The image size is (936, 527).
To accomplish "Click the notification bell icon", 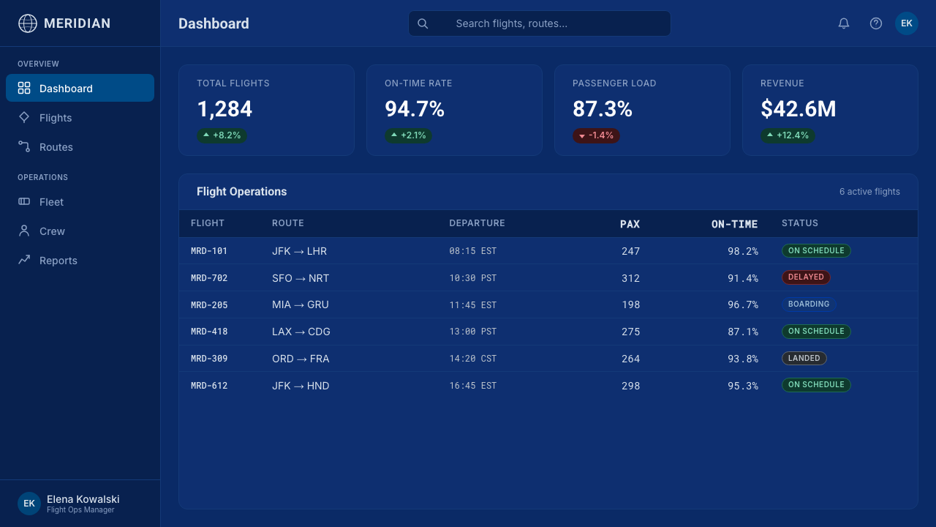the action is pyautogui.click(x=844, y=23).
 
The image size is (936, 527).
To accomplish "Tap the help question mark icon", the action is pyautogui.click(x=876, y=23).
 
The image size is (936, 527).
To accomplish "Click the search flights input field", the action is pyautogui.click(x=539, y=23).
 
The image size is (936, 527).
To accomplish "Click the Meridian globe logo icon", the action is pyautogui.click(x=28, y=23).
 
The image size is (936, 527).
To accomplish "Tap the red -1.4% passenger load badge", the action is pyautogui.click(x=596, y=135).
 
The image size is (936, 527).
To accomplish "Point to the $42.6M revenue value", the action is pyautogui.click(x=798, y=109).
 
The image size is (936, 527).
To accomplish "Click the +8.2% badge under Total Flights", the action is pyautogui.click(x=222, y=135).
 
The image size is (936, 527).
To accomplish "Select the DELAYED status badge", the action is pyautogui.click(x=806, y=277).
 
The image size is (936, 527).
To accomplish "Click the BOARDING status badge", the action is pyautogui.click(x=809, y=304).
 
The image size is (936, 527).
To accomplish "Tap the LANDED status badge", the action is pyautogui.click(x=804, y=358).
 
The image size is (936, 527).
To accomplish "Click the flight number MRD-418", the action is pyautogui.click(x=209, y=332).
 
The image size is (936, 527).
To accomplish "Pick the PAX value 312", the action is pyautogui.click(x=630, y=278).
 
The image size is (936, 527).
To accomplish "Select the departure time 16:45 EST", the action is pyautogui.click(x=472, y=386).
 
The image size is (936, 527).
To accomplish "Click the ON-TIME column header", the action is pyautogui.click(x=734, y=224).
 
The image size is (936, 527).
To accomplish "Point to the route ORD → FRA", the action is pyautogui.click(x=301, y=359).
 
